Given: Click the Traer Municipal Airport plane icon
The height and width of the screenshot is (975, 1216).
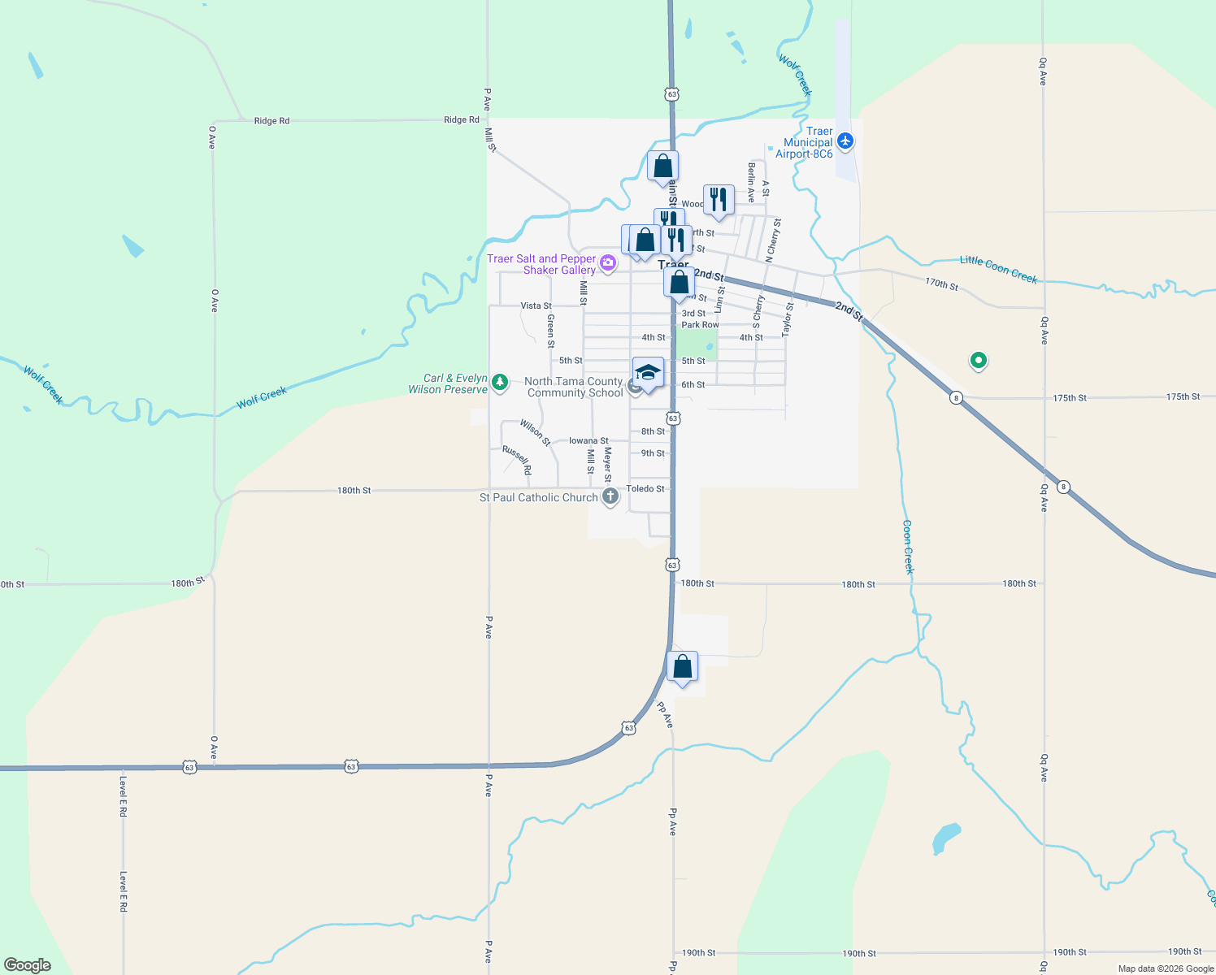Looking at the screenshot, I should pos(845,141).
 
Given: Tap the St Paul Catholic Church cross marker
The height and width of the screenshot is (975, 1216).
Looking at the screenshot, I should pos(610,496).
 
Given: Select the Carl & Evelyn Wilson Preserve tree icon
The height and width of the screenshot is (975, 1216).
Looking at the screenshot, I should pos(500,381).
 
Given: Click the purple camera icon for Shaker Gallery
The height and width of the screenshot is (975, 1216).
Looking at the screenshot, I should pos(607,262).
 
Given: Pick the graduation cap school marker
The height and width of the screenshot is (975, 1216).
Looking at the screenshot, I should pos(647,373).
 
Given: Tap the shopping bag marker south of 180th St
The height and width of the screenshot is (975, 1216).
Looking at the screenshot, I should pos(682,667).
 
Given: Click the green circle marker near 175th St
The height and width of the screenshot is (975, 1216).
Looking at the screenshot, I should pos(979,360).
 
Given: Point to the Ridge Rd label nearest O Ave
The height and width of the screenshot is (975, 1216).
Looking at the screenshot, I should pos(271,121).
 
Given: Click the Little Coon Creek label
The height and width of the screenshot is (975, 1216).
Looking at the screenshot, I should pos(998,270).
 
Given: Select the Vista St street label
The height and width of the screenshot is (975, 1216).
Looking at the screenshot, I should pos(536,306).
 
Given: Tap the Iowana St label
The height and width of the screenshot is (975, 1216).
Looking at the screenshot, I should pos(588,440).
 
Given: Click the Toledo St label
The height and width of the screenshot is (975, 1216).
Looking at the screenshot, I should pos(645,488).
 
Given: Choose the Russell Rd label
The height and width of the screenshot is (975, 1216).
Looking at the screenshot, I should pos(517,460).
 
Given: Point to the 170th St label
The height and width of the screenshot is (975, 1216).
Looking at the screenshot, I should pos(941,284).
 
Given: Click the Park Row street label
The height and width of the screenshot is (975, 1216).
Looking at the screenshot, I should pos(700,325).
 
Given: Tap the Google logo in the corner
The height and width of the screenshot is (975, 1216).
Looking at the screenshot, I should pos(28,965).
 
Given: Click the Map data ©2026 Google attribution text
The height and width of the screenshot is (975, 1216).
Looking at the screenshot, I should pos(1166,968).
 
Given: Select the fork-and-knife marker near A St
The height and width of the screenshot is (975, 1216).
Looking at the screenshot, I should pos(719,199).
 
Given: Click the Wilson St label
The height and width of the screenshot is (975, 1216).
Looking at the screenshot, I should pos(535,432).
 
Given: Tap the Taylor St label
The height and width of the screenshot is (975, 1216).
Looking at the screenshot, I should pos(787,319).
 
